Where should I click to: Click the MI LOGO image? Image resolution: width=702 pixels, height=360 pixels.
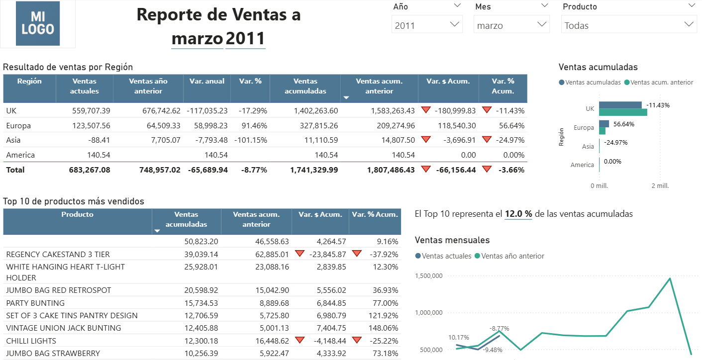[x=38, y=24]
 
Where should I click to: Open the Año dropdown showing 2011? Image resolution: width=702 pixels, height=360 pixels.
[x=427, y=25]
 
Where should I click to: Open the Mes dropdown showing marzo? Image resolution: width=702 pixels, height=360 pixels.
[x=511, y=25]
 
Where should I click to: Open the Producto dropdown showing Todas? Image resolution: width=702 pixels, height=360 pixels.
[x=629, y=25]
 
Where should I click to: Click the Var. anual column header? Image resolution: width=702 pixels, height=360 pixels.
[x=207, y=81]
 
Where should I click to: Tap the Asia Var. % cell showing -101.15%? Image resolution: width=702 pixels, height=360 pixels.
[x=251, y=140]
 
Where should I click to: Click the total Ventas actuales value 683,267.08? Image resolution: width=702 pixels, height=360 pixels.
[x=90, y=170]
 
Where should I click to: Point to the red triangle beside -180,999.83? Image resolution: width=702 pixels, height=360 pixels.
[x=425, y=110]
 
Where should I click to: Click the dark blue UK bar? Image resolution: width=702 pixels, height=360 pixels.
[x=620, y=105]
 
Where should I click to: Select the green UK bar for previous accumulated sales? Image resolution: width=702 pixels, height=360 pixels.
[x=623, y=112]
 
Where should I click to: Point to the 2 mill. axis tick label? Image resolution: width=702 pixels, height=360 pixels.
[x=660, y=185]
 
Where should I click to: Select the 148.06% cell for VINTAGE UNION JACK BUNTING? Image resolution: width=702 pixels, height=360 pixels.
[x=384, y=328]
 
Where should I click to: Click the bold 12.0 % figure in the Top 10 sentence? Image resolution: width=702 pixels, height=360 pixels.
[x=518, y=214]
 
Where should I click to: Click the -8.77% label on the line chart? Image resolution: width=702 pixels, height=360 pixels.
[x=499, y=329]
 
